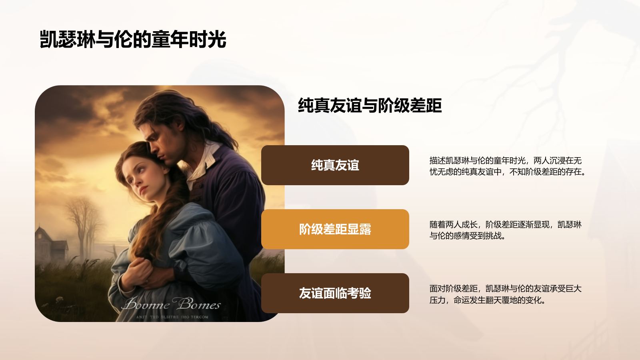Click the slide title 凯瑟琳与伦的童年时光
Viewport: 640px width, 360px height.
click(133, 40)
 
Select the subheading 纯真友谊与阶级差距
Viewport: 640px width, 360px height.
click(370, 106)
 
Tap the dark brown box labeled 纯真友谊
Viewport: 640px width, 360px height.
click(335, 165)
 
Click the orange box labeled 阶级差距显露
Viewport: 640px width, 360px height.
click(335, 229)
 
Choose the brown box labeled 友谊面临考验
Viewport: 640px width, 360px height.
click(335, 293)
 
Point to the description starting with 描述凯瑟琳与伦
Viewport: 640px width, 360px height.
click(507, 166)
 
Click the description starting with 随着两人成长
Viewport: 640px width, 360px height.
click(505, 230)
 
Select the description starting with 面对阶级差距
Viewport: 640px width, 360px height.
click(505, 294)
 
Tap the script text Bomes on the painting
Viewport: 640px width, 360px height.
click(199, 304)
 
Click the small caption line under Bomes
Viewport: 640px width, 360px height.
click(172, 317)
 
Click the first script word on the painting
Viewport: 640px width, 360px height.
click(146, 305)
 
